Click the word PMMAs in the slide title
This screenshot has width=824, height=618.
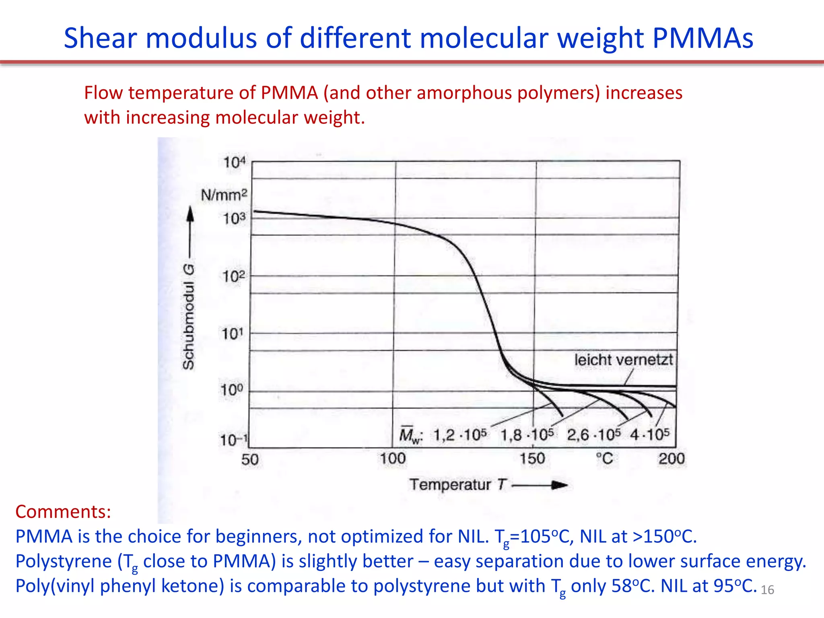coord(702,39)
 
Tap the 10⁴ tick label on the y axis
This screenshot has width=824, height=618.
coord(234,163)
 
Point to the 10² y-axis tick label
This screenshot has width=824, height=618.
coord(233,277)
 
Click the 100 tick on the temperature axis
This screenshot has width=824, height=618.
coord(393,459)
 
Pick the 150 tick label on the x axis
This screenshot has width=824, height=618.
coord(532,459)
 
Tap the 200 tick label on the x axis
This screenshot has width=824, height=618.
coord(672,459)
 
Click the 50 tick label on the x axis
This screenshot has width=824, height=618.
coord(250,459)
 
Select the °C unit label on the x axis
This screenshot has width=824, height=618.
coord(604,459)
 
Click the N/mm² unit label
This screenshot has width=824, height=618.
coord(224,195)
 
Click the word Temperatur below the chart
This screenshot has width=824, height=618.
coord(450,485)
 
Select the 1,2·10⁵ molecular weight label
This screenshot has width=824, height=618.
coord(460,435)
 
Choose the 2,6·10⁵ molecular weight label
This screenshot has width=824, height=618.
coord(594,435)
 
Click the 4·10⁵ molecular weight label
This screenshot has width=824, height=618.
coord(650,435)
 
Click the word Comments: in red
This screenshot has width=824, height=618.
coord(63,512)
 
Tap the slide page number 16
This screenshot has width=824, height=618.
coord(767,590)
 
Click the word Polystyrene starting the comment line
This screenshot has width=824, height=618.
coord(64,561)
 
